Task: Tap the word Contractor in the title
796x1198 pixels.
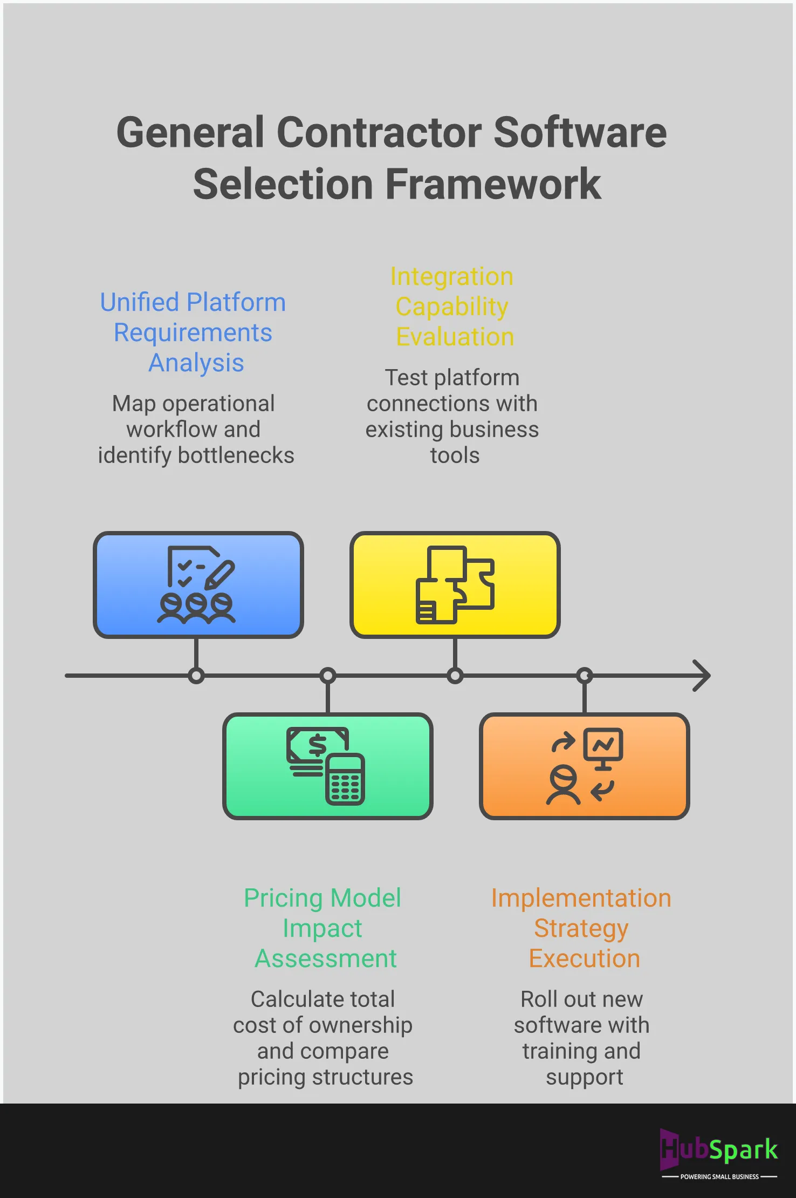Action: tap(379, 133)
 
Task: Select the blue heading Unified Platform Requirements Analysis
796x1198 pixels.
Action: tap(193, 332)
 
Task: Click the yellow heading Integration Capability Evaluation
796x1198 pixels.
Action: tap(452, 307)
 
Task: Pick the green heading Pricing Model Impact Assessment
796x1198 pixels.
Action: tap(323, 928)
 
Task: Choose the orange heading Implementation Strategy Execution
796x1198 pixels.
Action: tap(581, 928)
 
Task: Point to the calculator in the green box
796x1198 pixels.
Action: tap(345, 779)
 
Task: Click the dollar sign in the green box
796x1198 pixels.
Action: tap(317, 746)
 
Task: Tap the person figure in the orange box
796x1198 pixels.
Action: tap(563, 786)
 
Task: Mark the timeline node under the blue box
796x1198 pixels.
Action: tap(196, 676)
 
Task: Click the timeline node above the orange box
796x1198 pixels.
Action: tap(585, 676)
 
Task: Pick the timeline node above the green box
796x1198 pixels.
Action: tap(328, 676)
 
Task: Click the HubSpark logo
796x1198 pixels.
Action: tap(719, 1149)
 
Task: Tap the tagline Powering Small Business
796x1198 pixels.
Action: tap(719, 1176)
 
